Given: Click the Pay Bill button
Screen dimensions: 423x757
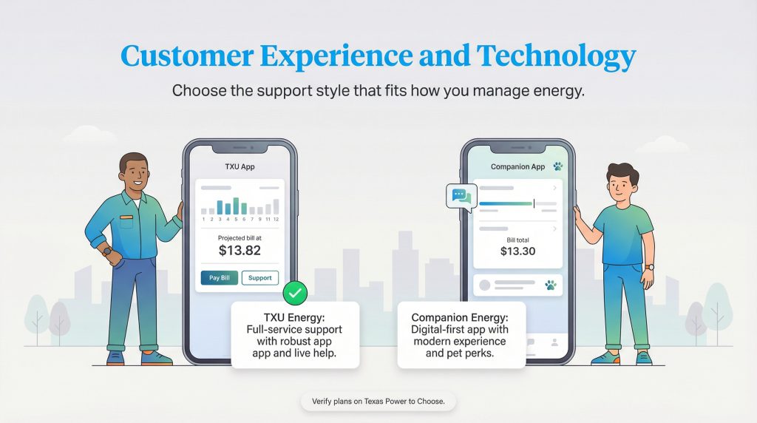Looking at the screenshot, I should [220, 278].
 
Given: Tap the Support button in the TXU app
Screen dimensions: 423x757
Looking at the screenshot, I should [260, 278].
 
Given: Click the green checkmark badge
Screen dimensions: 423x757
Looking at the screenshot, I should [294, 294].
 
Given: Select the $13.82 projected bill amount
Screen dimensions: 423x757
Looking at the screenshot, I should [240, 251].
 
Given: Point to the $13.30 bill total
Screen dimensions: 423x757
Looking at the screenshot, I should [517, 251].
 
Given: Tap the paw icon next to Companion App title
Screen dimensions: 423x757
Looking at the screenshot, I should [557, 167].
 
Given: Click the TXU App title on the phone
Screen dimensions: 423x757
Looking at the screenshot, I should [240, 166].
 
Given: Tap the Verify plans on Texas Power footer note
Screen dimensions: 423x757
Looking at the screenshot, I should [378, 402].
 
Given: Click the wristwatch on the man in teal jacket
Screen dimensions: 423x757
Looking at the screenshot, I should [108, 251].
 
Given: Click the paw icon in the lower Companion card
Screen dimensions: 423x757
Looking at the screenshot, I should [549, 284].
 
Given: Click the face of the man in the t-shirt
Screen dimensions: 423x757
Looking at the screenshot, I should [619, 184].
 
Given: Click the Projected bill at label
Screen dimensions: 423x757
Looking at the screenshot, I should [240, 237].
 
